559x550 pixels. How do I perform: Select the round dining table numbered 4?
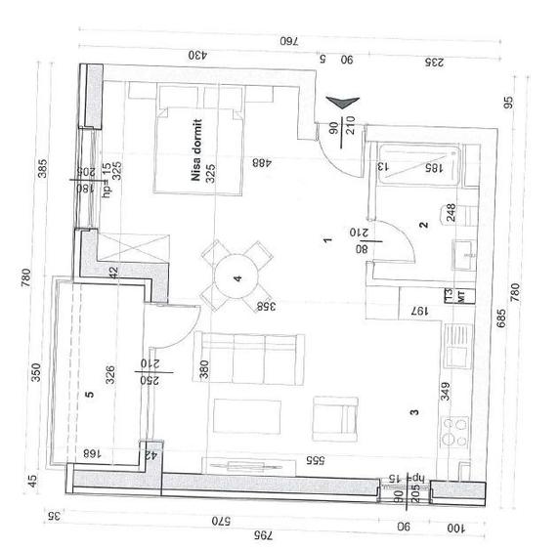[x=235, y=277]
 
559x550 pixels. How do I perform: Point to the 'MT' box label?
[x=451, y=294]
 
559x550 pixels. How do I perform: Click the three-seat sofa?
[x=249, y=357]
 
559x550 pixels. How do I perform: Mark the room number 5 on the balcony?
[x=89, y=395]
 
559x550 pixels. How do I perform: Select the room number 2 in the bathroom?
[x=423, y=225]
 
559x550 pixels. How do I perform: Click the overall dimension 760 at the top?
[x=287, y=41]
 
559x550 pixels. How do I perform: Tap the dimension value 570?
[x=221, y=521]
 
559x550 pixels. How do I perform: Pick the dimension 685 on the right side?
[x=499, y=318]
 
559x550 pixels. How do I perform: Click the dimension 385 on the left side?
[x=42, y=168]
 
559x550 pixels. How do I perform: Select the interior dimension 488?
[x=261, y=162]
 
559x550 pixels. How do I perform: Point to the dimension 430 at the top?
[x=199, y=55]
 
